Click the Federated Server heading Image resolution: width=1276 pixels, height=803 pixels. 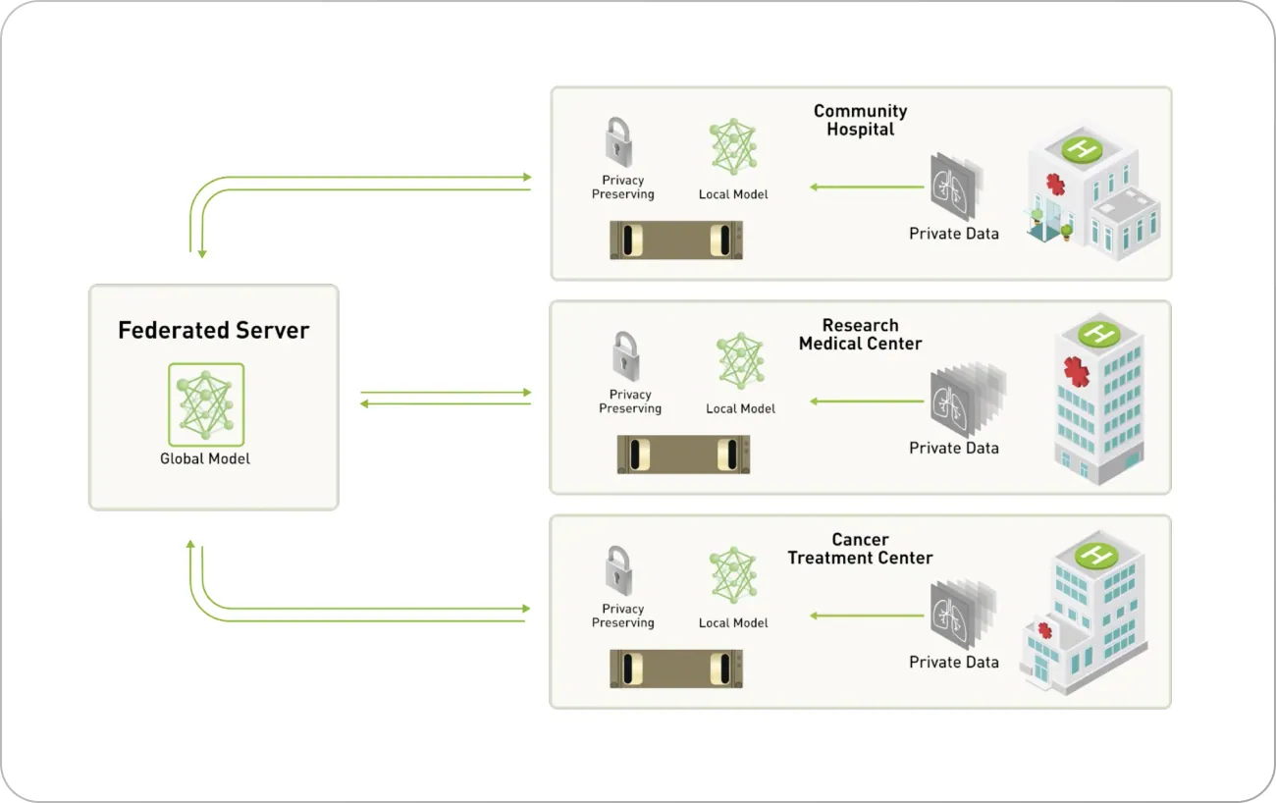[213, 331]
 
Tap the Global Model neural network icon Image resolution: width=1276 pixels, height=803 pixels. [206, 404]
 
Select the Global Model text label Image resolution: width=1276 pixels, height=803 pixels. [205, 458]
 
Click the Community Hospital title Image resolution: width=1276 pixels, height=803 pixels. [860, 120]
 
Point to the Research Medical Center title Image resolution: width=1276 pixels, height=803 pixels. [860, 334]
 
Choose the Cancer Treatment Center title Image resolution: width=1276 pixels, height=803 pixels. [860, 549]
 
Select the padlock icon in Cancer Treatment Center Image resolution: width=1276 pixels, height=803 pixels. [617, 570]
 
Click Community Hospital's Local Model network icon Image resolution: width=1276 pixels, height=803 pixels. [733, 147]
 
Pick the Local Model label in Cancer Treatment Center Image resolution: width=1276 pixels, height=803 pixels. [733, 622]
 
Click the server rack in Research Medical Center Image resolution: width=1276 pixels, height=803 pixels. [683, 455]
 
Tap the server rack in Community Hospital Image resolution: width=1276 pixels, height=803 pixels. [676, 240]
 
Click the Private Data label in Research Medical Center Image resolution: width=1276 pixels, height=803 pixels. [953, 448]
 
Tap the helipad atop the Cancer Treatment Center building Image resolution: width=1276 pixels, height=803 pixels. [1095, 555]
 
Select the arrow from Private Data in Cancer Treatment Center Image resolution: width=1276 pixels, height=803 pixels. [867, 616]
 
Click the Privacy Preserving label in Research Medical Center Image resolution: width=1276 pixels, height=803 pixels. [630, 401]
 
